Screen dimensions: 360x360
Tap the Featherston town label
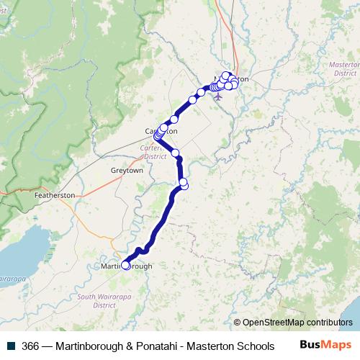[54, 195]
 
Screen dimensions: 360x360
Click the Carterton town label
[161, 132]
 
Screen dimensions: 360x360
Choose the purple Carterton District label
[155, 151]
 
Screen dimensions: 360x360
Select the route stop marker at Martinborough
[126, 265]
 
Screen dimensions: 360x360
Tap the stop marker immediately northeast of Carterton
[174, 119]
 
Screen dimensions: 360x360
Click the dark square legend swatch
[10, 346]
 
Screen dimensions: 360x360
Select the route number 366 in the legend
[30, 346]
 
